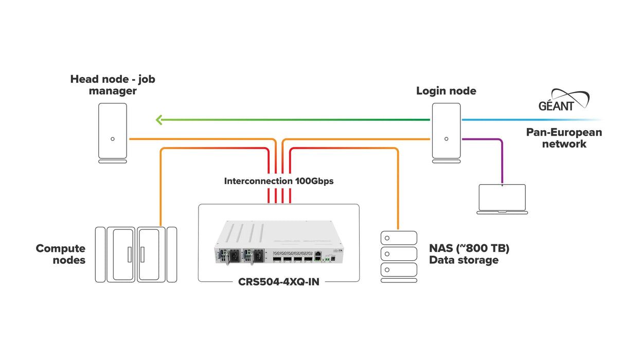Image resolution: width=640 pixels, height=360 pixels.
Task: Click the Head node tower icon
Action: (112, 133)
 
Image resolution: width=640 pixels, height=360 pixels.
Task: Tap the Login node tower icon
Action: (446, 133)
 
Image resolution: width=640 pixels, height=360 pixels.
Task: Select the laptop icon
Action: (502, 199)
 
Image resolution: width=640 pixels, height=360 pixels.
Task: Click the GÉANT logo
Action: (563, 100)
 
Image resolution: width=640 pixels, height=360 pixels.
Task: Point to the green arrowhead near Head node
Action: (159, 120)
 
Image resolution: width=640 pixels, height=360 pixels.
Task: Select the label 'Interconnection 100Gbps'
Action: (279, 181)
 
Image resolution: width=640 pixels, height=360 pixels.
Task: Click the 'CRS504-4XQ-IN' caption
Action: (278, 282)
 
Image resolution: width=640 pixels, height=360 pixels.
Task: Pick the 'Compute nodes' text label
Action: (60, 254)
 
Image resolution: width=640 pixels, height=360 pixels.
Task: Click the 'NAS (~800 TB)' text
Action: (469, 248)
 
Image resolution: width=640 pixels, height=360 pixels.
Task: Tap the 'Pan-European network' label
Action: (564, 138)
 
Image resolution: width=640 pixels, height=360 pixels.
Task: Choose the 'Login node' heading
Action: (446, 91)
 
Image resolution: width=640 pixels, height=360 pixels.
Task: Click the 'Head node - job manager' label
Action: (112, 85)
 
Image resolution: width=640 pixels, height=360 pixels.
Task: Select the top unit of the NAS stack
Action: (398, 238)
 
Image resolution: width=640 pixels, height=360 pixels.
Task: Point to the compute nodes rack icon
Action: (136, 254)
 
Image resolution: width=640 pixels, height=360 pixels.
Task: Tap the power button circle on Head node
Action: (112, 139)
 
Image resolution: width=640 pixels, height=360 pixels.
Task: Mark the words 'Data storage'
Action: (464, 260)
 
